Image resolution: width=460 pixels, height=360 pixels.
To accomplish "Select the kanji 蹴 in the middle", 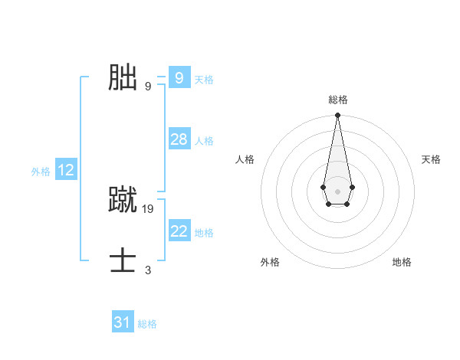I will pyautogui.click(x=123, y=198).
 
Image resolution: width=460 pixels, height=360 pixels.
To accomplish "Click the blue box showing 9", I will pyautogui.click(x=179, y=77).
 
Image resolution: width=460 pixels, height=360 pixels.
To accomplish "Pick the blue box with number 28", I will pyautogui.click(x=179, y=139).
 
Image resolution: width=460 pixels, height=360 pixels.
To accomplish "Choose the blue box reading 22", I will pyautogui.click(x=179, y=231).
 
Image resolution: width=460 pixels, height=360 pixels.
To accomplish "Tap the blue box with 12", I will pyautogui.click(x=66, y=170).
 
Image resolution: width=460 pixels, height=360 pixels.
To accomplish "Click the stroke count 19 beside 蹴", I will pyautogui.click(x=148, y=208).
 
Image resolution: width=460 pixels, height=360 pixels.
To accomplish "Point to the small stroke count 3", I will pyautogui.click(x=148, y=270).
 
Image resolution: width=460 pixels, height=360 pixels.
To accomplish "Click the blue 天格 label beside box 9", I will pyautogui.click(x=204, y=80).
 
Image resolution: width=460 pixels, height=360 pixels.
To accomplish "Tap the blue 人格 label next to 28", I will pyautogui.click(x=204, y=141).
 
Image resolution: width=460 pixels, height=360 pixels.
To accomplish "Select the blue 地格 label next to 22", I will pyautogui.click(x=204, y=233).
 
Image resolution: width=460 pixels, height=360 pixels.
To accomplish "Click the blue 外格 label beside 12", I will pyautogui.click(x=41, y=172).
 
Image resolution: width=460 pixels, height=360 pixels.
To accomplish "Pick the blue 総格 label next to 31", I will pyautogui.click(x=147, y=325).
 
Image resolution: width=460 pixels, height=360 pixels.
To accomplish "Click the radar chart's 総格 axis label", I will pyautogui.click(x=337, y=100).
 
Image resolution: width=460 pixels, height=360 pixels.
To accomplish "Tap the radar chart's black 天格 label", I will pyautogui.click(x=431, y=159).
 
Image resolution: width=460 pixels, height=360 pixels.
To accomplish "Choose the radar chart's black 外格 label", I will pyautogui.click(x=270, y=262).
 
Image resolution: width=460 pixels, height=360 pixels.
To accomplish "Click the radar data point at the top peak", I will pyautogui.click(x=337, y=116).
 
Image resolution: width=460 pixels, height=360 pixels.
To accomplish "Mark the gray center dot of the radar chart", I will pyautogui.click(x=337, y=191).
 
